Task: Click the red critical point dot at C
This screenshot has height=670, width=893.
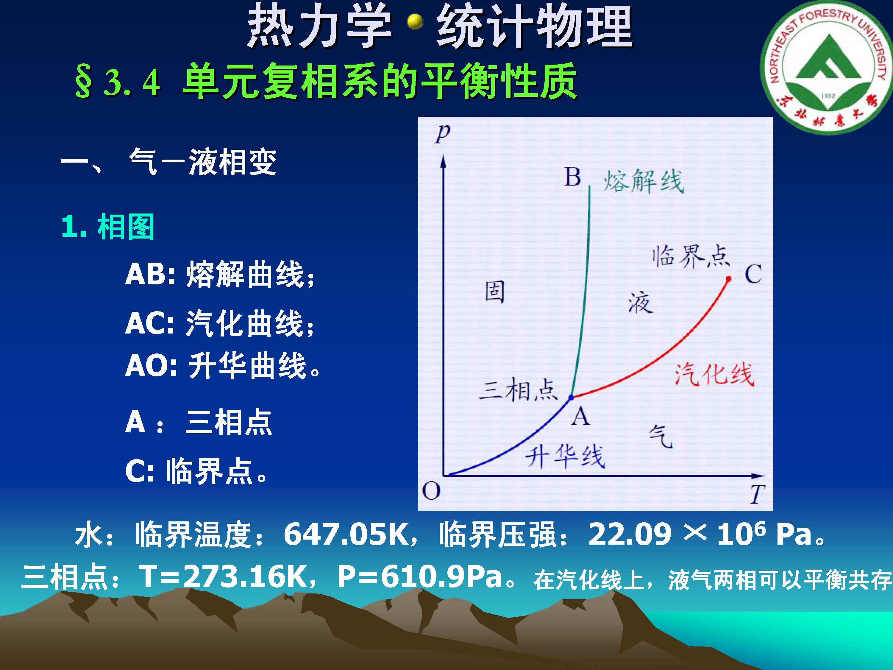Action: (728, 279)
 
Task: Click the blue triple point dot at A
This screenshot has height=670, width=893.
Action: (571, 398)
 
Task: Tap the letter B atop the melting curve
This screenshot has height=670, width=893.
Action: (572, 177)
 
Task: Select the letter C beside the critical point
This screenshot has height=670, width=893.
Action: (753, 274)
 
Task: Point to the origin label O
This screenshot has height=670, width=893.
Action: (431, 492)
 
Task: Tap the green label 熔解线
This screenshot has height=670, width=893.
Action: (644, 182)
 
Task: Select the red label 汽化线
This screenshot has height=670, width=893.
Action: (714, 374)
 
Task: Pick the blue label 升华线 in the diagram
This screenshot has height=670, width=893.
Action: (565, 457)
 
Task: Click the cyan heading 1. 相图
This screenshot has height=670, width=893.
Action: (108, 227)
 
